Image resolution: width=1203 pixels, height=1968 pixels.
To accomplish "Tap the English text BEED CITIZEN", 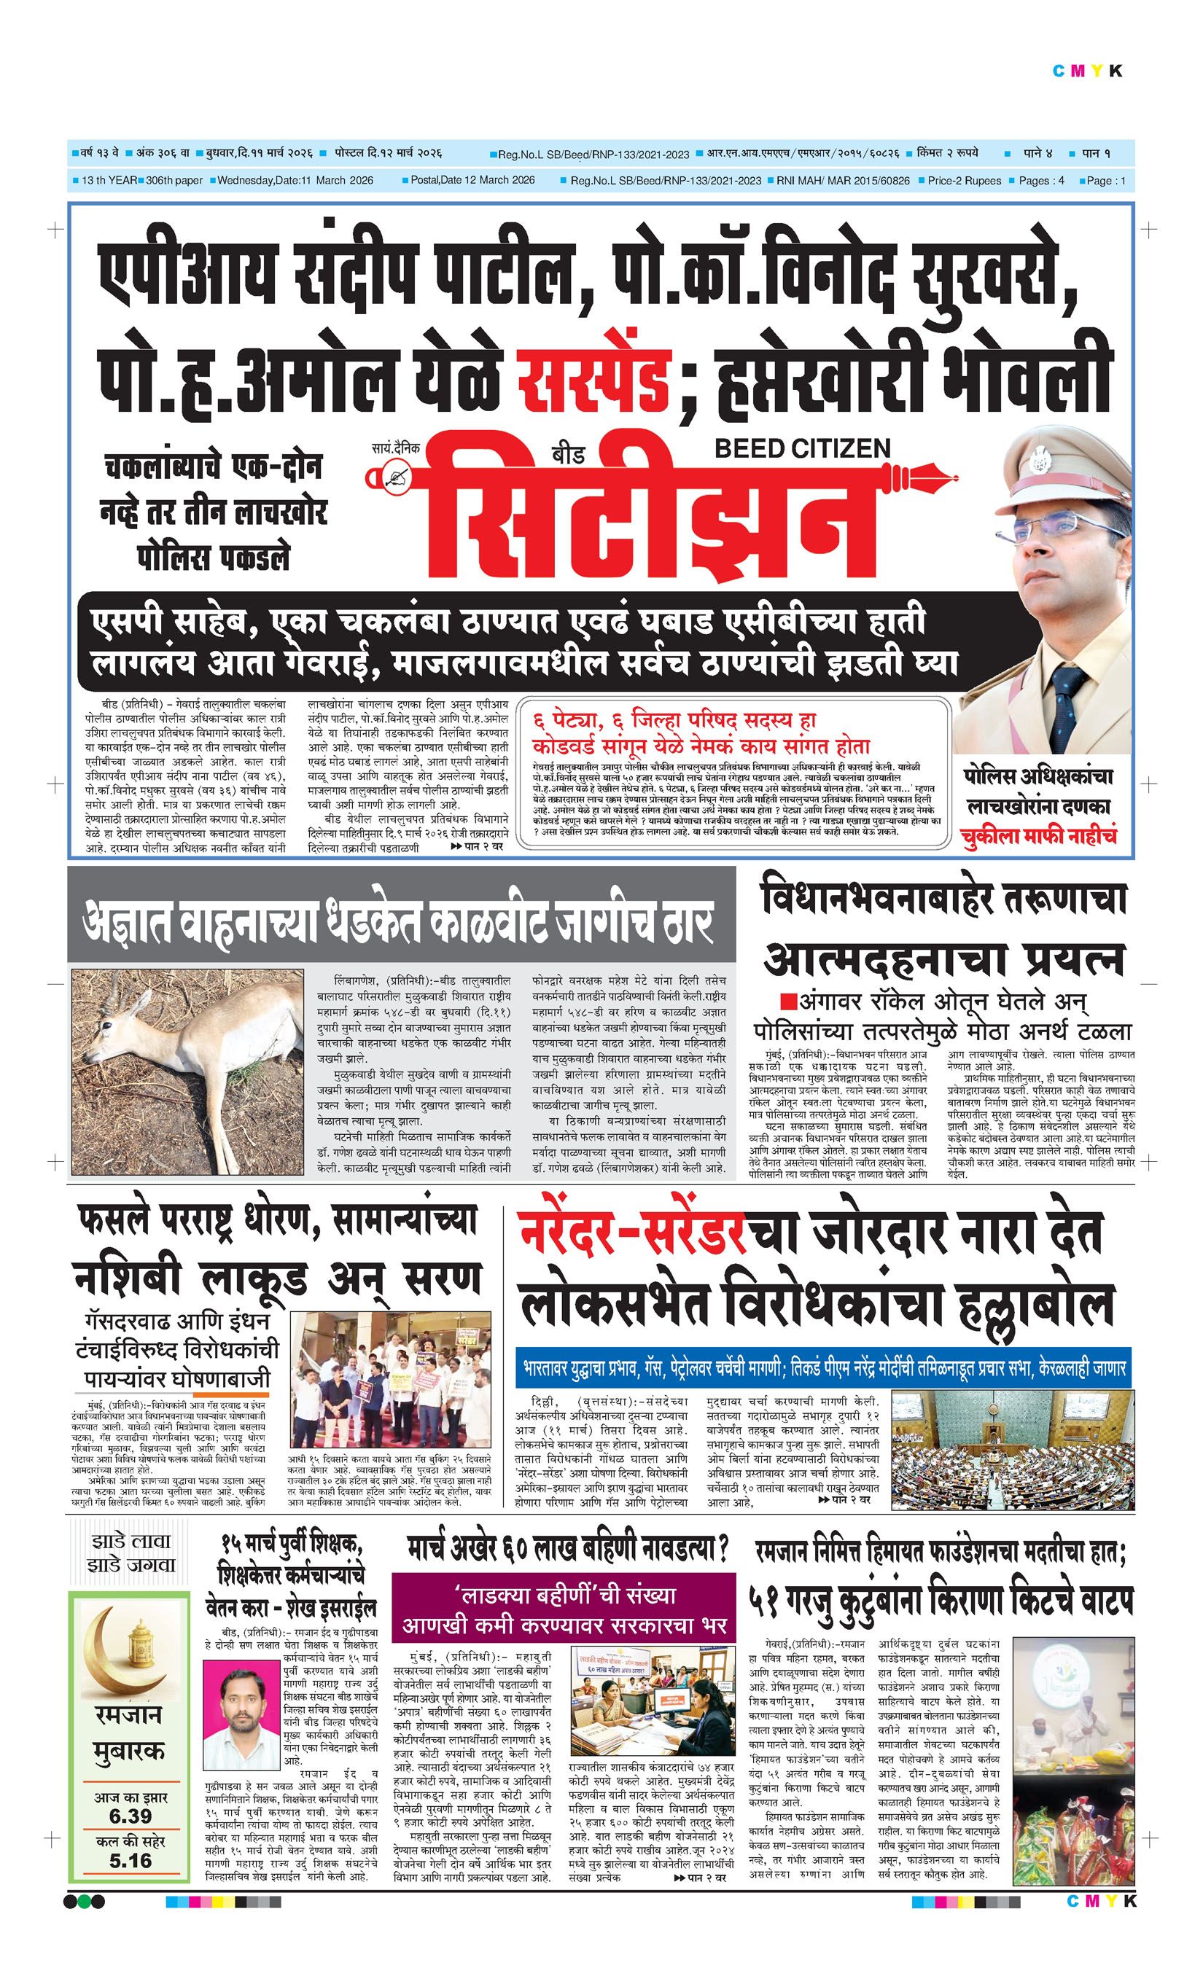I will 802,448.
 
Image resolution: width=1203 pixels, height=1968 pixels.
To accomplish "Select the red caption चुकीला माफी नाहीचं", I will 1038,836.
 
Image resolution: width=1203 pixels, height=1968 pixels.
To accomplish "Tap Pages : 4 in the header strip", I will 1041,181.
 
